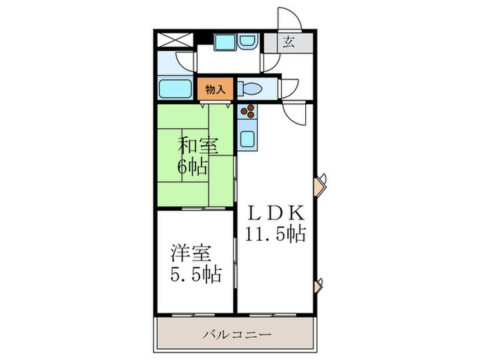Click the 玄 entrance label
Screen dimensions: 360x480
click(289, 43)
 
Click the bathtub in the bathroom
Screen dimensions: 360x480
click(175, 88)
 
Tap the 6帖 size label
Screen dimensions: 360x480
click(195, 165)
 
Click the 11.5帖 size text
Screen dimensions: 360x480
click(275, 234)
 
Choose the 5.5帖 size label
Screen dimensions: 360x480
click(195, 275)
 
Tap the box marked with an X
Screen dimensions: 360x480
click(176, 39)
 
